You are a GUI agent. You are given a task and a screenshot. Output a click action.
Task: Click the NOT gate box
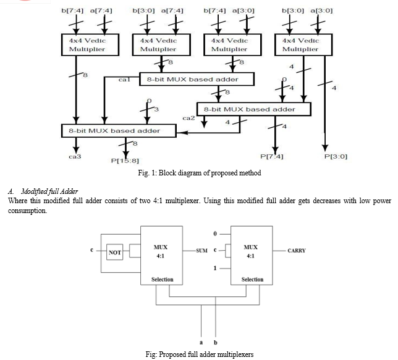pyautogui.click(x=114, y=252)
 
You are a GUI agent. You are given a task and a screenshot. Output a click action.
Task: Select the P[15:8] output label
pyautogui.click(x=124, y=160)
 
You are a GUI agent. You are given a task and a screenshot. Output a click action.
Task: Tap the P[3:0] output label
pyautogui.click(x=336, y=156)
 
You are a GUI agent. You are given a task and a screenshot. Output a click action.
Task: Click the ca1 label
pyautogui.click(x=124, y=80)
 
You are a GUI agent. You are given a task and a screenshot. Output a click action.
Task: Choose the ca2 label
pyautogui.click(x=189, y=116)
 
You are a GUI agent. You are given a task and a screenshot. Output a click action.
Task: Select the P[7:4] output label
pyautogui.click(x=272, y=156)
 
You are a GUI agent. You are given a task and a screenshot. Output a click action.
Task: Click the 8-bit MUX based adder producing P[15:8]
pyautogui.click(x=114, y=130)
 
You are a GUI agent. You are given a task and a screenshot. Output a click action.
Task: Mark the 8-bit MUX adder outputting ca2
pyautogui.click(x=253, y=109)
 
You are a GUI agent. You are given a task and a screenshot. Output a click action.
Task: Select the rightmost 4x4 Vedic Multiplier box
pyautogui.click(x=300, y=44)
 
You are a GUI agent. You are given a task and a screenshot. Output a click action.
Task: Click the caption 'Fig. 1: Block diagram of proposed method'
pyautogui.click(x=199, y=173)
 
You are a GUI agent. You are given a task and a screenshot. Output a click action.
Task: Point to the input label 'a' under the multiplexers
pyautogui.click(x=201, y=341)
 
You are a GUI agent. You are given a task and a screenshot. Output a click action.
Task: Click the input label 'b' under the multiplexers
pyautogui.click(x=214, y=341)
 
